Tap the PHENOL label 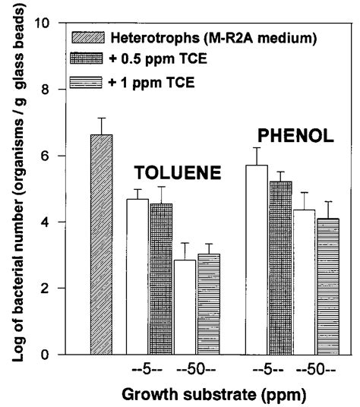295,137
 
